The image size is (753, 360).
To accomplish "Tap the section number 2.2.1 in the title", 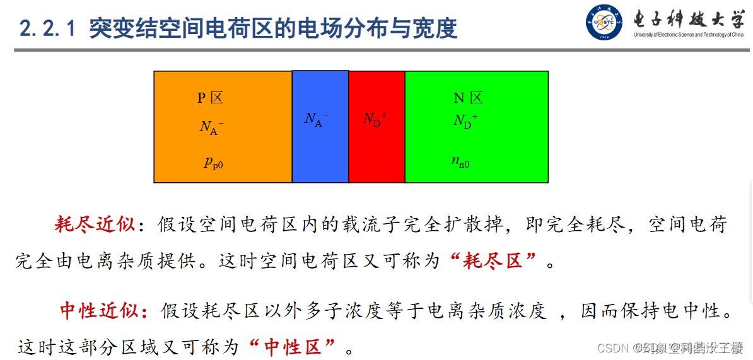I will pyautogui.click(x=48, y=28).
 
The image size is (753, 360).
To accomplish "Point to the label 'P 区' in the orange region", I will pyautogui.click(x=210, y=98).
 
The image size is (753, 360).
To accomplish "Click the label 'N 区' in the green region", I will pyautogui.click(x=468, y=98).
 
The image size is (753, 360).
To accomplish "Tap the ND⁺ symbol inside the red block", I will pyautogui.click(x=375, y=119).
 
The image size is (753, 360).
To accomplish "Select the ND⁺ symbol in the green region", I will pyautogui.click(x=465, y=120).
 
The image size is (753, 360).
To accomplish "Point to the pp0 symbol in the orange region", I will pyautogui.click(x=213, y=163).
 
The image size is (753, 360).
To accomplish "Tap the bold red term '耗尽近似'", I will pyautogui.click(x=95, y=224).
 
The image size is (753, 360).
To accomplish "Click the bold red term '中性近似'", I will pyautogui.click(x=100, y=310).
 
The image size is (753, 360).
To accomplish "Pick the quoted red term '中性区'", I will pyautogui.click(x=300, y=346).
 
